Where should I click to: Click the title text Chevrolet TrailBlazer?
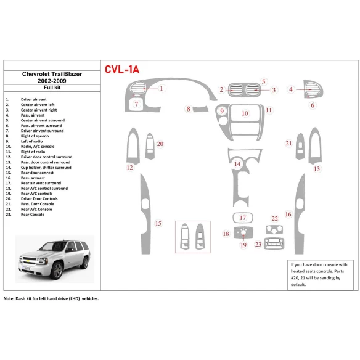tap(52, 74)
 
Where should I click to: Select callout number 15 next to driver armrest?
tap(158, 223)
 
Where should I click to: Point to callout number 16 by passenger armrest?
tap(288, 215)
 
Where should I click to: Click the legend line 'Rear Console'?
tap(33, 215)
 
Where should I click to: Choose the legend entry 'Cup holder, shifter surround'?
tap(46, 168)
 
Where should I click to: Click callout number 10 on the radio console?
tap(245, 113)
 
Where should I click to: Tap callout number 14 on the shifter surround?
tap(237, 163)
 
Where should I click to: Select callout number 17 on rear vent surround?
tap(243, 218)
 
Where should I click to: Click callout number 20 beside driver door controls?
tap(160, 144)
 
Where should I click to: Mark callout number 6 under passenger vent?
tap(312, 105)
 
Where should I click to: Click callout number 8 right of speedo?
tap(189, 109)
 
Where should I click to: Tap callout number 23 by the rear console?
tap(258, 245)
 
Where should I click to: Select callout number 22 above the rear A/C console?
tap(274, 219)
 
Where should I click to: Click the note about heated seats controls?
tap(321, 274)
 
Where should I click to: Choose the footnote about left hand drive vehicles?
tap(51, 298)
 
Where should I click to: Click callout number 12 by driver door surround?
tap(129, 168)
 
